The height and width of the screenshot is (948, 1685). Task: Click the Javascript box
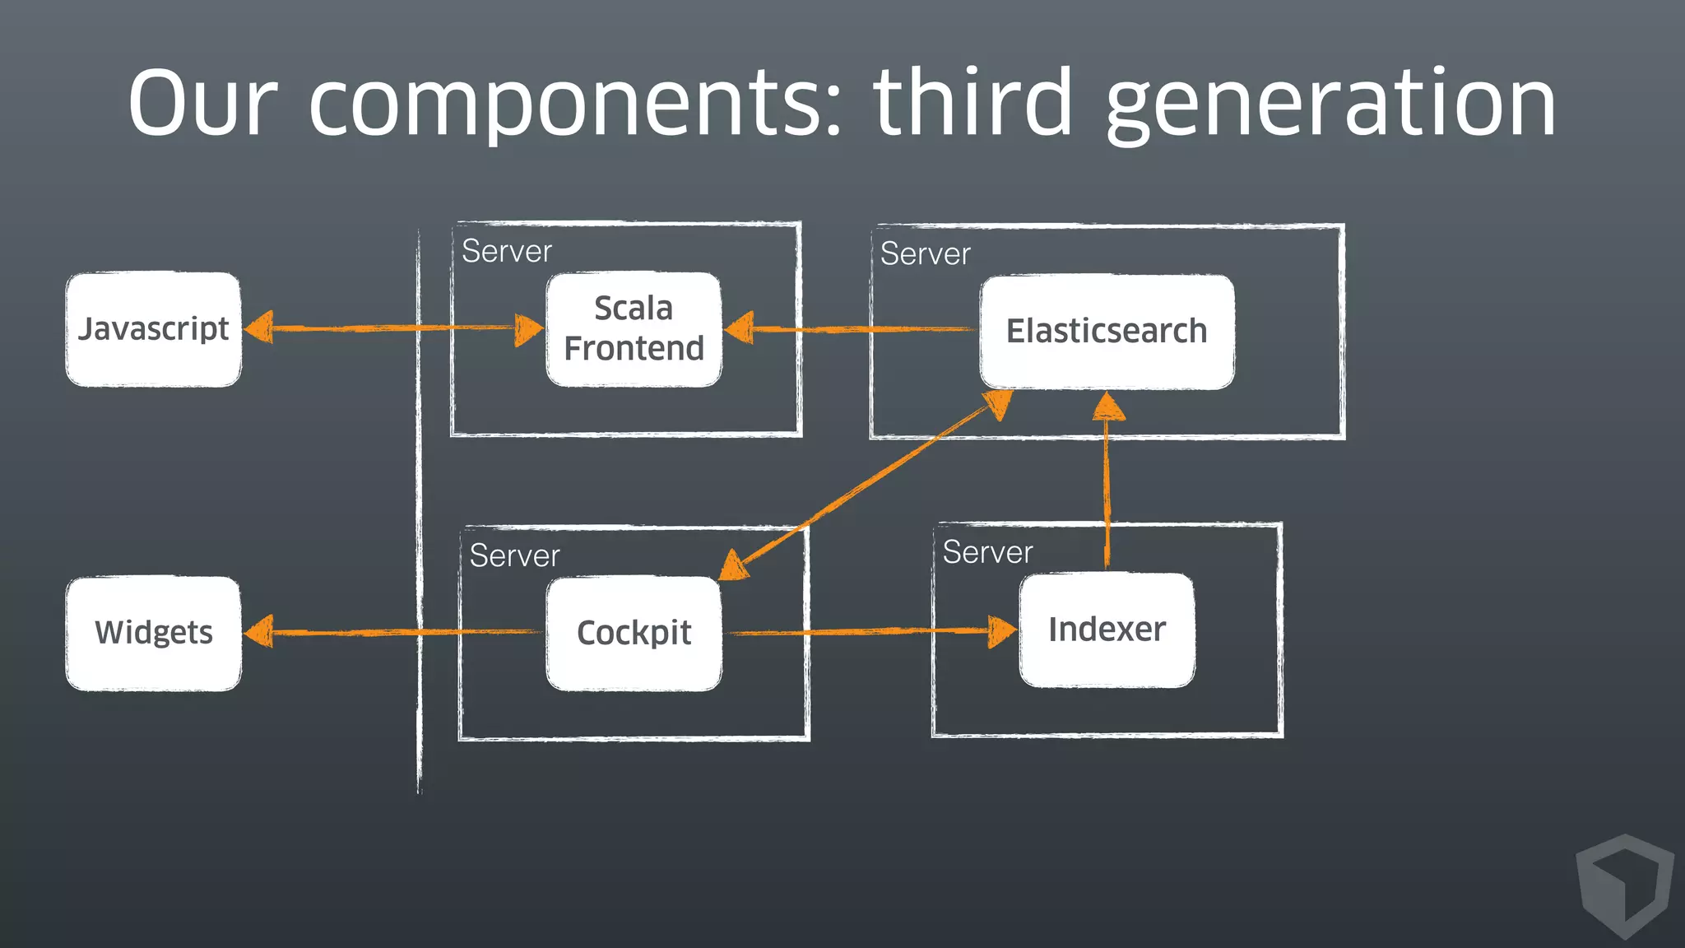[x=154, y=329]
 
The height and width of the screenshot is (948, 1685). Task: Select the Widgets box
[x=154, y=633]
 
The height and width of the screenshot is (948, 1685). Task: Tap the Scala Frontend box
[x=634, y=329]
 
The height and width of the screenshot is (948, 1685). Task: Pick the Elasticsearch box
[x=1107, y=332]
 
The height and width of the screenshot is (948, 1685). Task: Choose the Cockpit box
[x=634, y=633]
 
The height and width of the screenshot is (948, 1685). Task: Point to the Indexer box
[x=1107, y=630]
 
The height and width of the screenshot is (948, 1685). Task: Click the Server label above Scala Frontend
[x=507, y=252]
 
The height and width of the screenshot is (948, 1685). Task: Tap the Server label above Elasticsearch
[x=926, y=254]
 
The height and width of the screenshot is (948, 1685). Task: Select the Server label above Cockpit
[x=515, y=556]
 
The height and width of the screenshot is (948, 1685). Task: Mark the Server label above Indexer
[x=988, y=553]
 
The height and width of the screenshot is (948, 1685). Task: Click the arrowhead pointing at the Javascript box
[x=259, y=328]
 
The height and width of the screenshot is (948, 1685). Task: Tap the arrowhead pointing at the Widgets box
[x=259, y=632]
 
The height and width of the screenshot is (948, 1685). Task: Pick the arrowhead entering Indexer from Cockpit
[x=1002, y=631]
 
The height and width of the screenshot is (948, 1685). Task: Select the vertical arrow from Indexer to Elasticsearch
[x=1107, y=486]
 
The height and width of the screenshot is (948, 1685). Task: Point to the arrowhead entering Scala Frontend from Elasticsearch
[x=740, y=328]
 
